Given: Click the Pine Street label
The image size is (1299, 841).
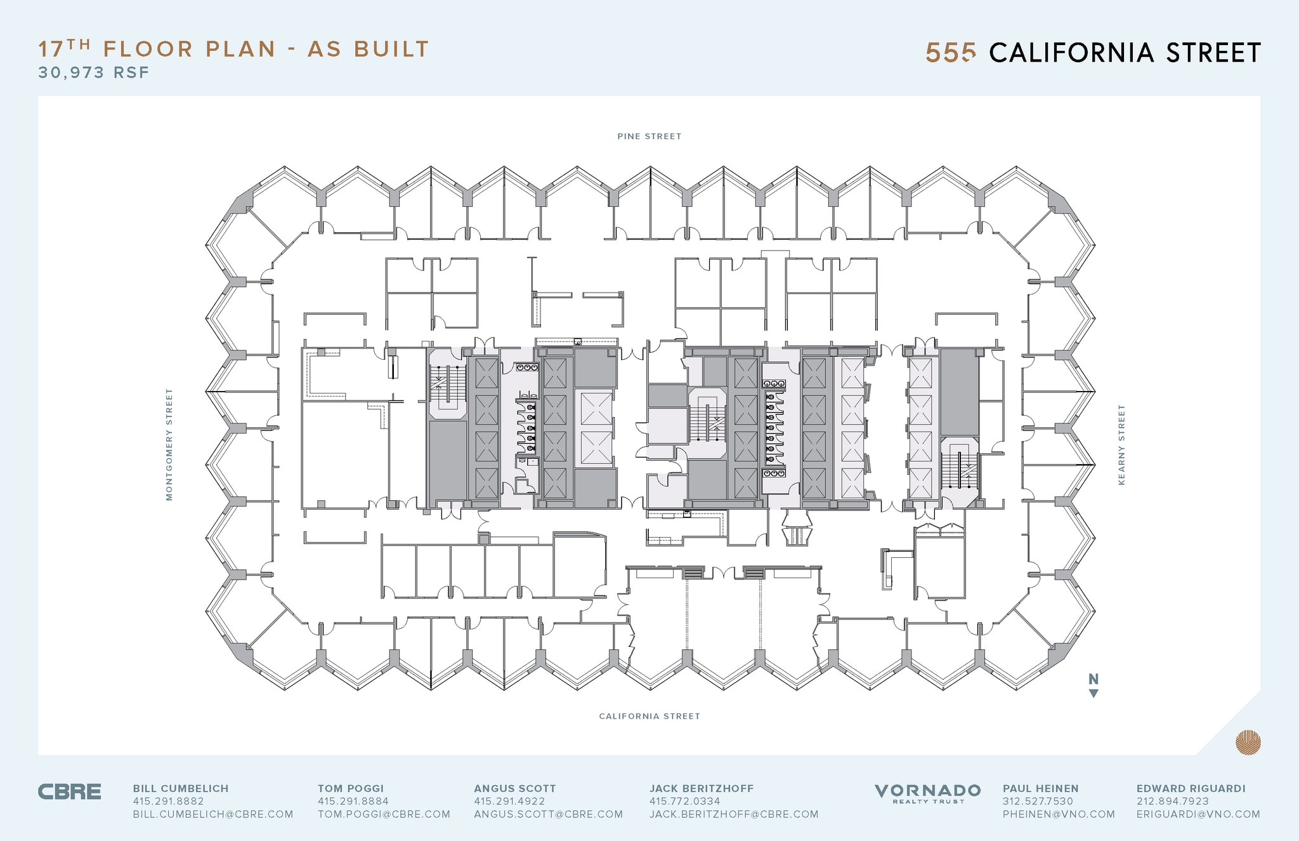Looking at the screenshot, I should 649,136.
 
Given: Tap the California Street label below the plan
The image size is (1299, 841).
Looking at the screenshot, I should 649,716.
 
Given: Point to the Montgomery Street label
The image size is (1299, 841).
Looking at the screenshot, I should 169,444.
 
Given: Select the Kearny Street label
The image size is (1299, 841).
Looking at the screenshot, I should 1121,444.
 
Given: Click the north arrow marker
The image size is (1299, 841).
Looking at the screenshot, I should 1093,685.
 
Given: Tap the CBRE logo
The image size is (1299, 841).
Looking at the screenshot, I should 69,792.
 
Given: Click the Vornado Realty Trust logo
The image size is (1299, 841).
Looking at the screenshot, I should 927,793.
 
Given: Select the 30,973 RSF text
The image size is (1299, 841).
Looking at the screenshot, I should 94,72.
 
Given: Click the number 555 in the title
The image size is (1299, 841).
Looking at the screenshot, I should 950,53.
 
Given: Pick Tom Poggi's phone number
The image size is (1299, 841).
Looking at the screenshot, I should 353,801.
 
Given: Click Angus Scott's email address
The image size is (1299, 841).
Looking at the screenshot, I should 548,814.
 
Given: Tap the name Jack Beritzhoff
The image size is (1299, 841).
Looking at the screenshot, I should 701,788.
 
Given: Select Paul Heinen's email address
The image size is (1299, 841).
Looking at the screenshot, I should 1058,814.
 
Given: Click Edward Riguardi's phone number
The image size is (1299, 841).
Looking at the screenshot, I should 1172,801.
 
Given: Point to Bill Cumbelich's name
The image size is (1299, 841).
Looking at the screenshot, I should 180,788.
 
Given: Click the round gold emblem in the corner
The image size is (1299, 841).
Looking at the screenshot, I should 1248,742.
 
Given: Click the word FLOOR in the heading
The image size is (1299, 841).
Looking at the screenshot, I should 148,50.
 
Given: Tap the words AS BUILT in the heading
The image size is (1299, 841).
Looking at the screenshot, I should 369,50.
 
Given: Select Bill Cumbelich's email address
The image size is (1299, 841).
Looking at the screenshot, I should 212,814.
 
